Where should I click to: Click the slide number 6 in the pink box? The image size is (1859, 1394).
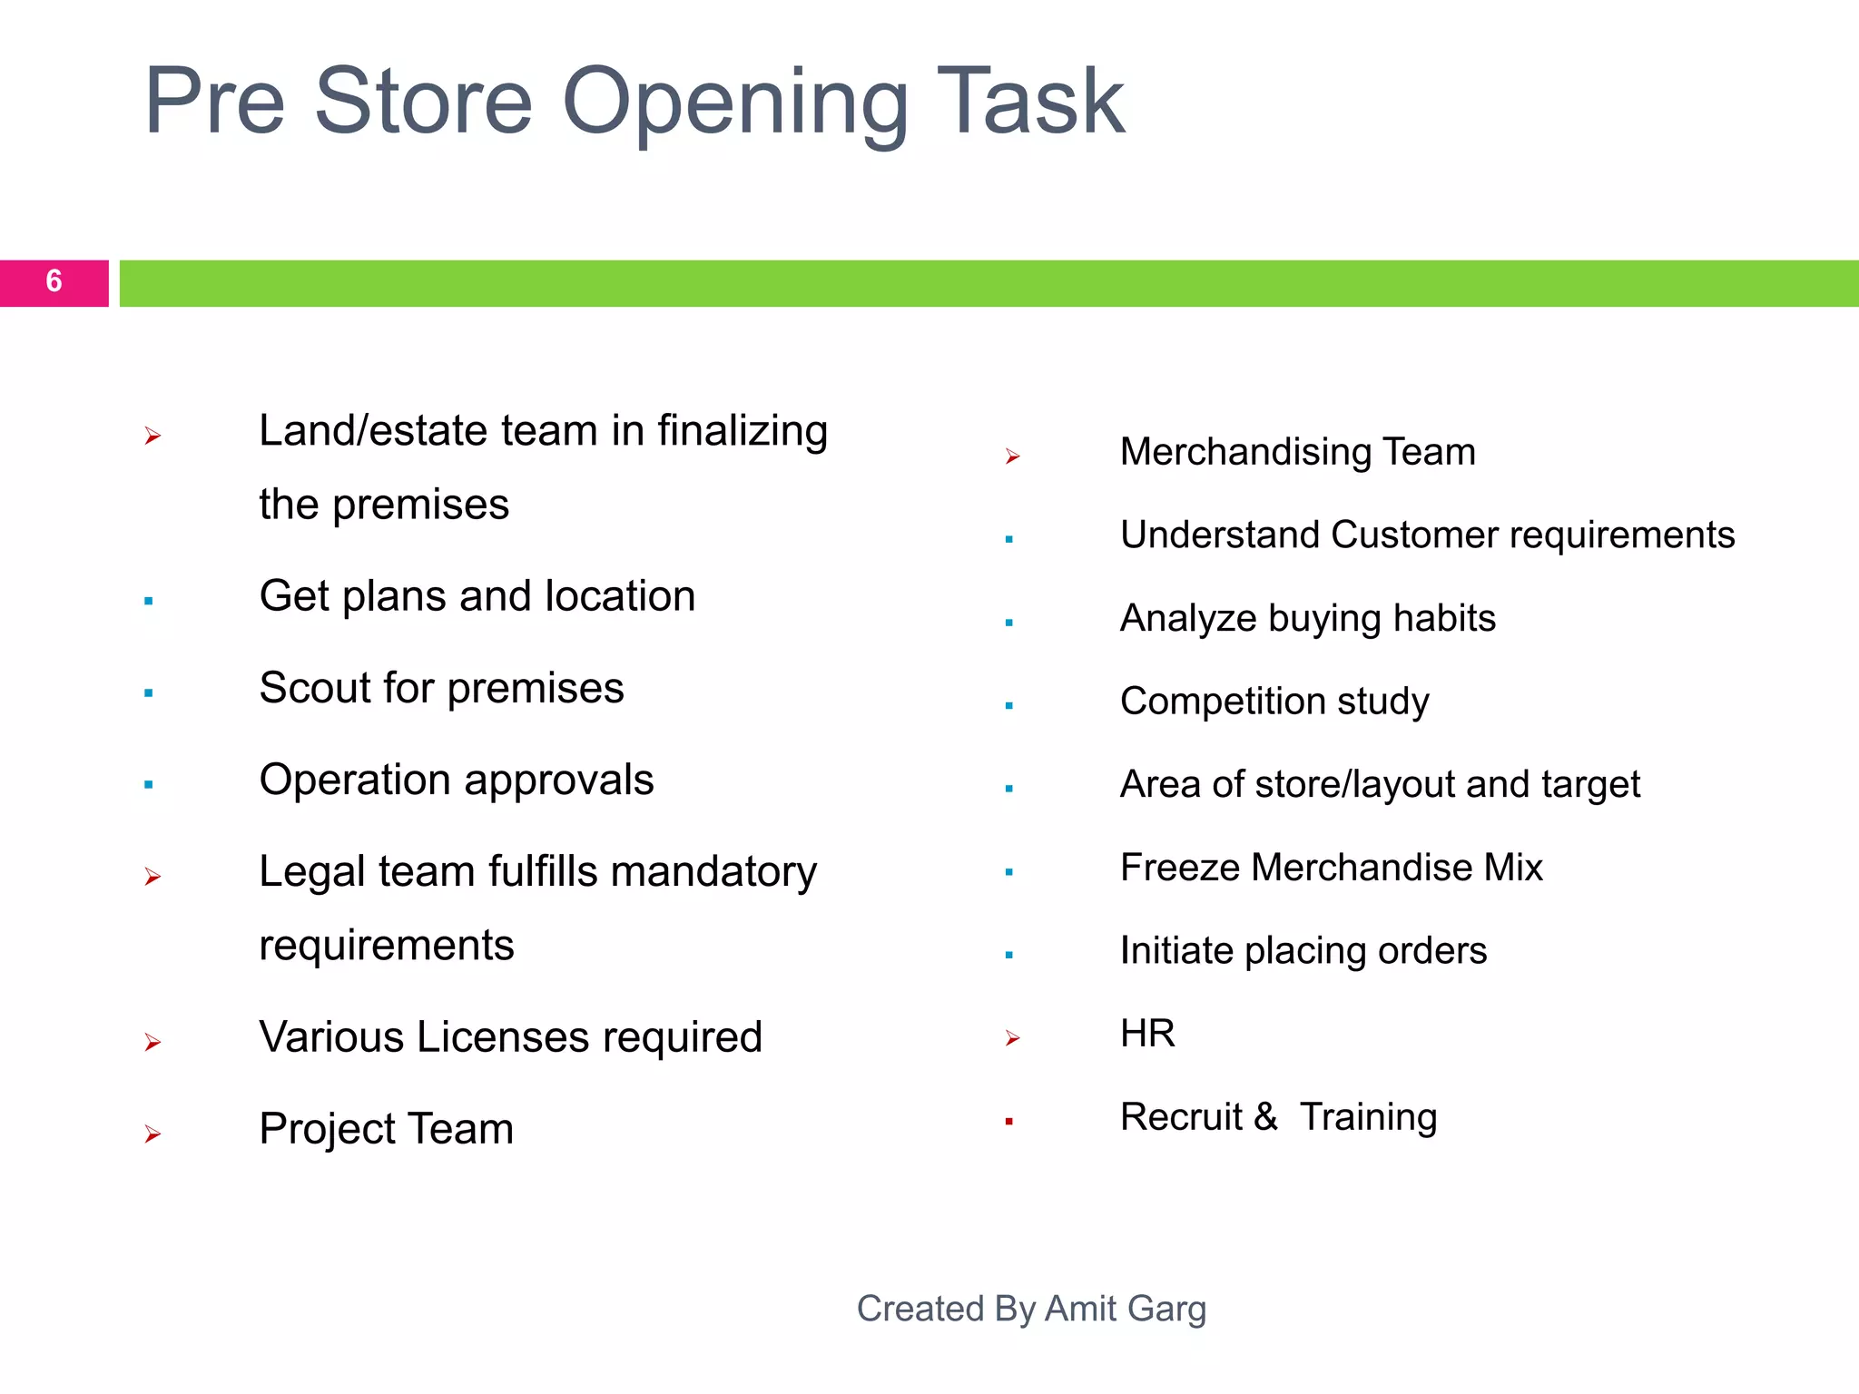pyautogui.click(x=54, y=281)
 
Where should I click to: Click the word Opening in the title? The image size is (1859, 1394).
pyautogui.click(x=734, y=103)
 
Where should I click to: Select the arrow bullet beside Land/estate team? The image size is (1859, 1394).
pyautogui.click(x=152, y=437)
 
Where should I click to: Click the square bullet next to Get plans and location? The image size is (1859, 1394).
pyautogui.click(x=149, y=601)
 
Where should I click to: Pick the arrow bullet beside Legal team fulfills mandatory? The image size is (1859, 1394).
pyautogui.click(x=152, y=877)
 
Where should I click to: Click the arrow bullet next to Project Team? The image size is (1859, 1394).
pyautogui.click(x=152, y=1134)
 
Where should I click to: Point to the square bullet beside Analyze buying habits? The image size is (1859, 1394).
pyautogui.click(x=1009, y=623)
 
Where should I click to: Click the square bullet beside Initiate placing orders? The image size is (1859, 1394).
pyautogui.click(x=1009, y=955)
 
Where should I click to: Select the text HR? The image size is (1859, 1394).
pyautogui.click(x=1147, y=1034)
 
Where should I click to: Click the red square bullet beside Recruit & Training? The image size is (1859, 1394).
pyautogui.click(x=1009, y=1122)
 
